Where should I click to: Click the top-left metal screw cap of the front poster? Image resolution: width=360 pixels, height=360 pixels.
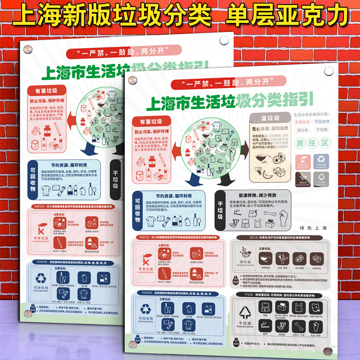tap(132, 81)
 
